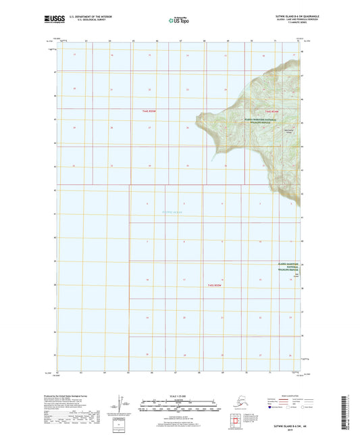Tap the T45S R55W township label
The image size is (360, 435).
[215, 285]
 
